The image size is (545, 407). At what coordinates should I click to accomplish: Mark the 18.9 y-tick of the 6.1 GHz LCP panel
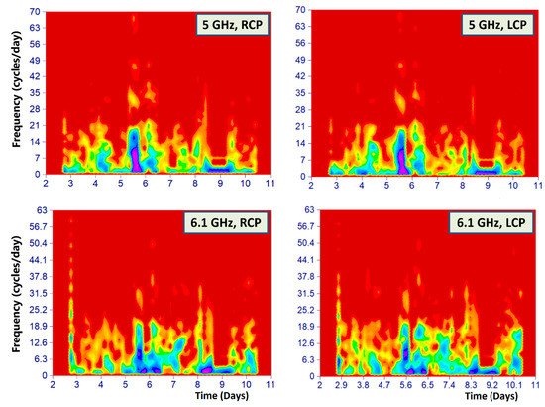(x=302, y=325)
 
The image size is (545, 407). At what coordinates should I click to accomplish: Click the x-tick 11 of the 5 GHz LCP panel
(x=535, y=185)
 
